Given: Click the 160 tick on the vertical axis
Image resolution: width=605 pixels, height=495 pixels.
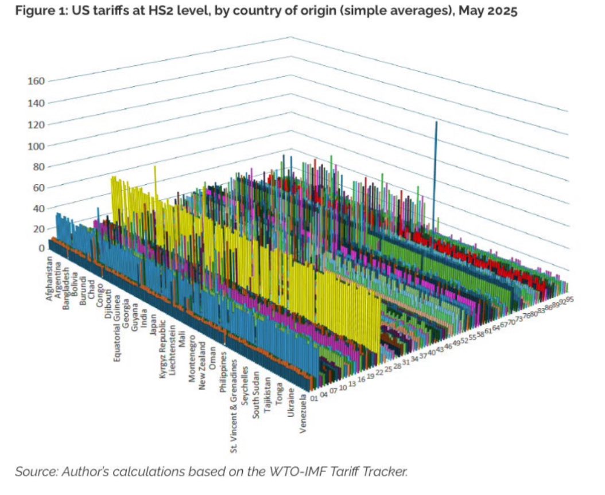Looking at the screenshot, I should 36,81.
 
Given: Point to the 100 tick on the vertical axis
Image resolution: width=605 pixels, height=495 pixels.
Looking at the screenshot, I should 36,146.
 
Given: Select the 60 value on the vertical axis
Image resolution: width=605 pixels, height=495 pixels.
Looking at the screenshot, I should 38,188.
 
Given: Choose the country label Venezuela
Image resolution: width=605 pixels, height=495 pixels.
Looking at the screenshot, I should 304,422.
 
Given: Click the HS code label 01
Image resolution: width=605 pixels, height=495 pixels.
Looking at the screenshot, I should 314,397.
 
